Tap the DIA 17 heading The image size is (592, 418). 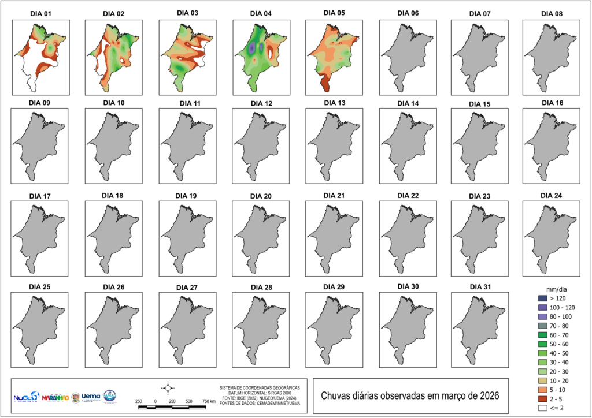39,196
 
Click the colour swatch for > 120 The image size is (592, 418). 542,298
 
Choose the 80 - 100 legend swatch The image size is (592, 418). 542,317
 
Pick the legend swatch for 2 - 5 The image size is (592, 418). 542,399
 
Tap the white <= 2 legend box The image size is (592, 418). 542,408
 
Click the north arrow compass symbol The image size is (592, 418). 168,387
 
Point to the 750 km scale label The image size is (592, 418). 209,401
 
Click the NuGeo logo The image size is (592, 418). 25,397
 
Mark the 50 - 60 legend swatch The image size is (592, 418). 542,344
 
